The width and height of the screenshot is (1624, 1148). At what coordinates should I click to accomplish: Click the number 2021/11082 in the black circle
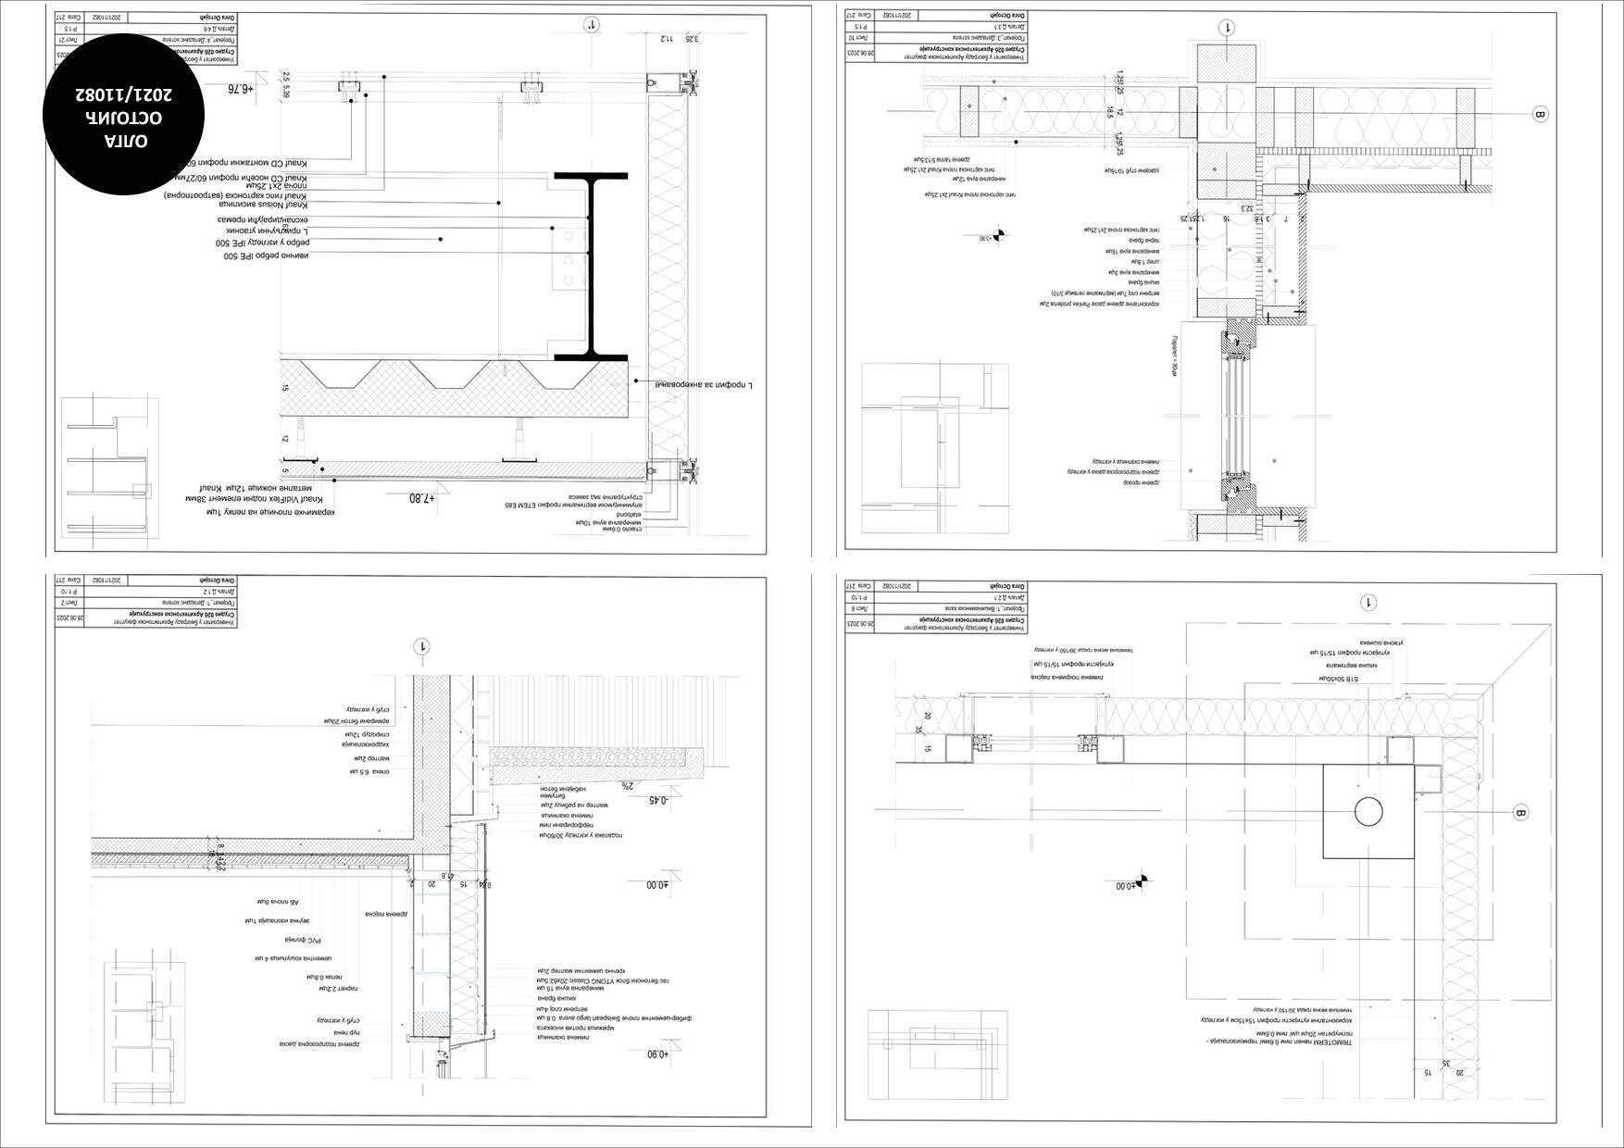tap(123, 94)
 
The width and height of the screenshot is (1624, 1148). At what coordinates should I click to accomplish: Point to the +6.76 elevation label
tap(239, 89)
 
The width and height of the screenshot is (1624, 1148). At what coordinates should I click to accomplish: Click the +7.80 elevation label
tap(421, 498)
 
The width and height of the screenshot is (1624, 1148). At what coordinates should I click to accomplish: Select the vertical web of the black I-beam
tap(591, 267)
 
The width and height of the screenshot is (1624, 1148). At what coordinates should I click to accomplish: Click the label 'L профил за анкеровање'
tap(704, 383)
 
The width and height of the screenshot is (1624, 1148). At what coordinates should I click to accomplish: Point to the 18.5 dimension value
tap(1109, 112)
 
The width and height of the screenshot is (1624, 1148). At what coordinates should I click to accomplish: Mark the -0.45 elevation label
tap(658, 800)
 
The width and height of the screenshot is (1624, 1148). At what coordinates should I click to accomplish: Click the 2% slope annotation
tap(627, 785)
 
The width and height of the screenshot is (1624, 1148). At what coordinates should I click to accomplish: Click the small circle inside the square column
tap(1368, 811)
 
